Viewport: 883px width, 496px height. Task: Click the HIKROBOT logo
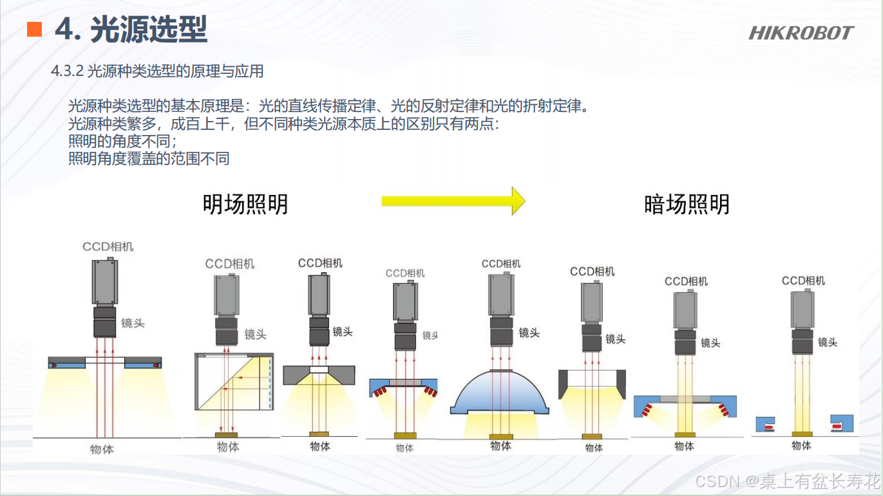point(801,32)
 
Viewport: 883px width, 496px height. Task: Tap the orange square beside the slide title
point(34,29)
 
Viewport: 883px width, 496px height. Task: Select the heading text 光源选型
point(149,30)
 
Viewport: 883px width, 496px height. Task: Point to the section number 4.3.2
point(67,71)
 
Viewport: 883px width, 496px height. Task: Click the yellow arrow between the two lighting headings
point(453,201)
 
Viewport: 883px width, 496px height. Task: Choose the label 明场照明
point(245,205)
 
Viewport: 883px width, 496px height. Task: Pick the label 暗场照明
point(687,205)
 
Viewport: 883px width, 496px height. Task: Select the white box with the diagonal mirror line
point(234,381)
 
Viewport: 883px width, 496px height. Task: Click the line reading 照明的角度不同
point(122,141)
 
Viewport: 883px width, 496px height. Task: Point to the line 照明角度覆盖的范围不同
point(149,158)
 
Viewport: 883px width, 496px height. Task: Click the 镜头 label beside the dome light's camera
point(529,333)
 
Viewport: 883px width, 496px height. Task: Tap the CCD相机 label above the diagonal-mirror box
point(229,264)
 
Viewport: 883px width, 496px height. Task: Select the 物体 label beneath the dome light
point(500,445)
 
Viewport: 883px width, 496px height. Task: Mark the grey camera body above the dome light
point(500,295)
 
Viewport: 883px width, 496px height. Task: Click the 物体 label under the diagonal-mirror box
point(228,446)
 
